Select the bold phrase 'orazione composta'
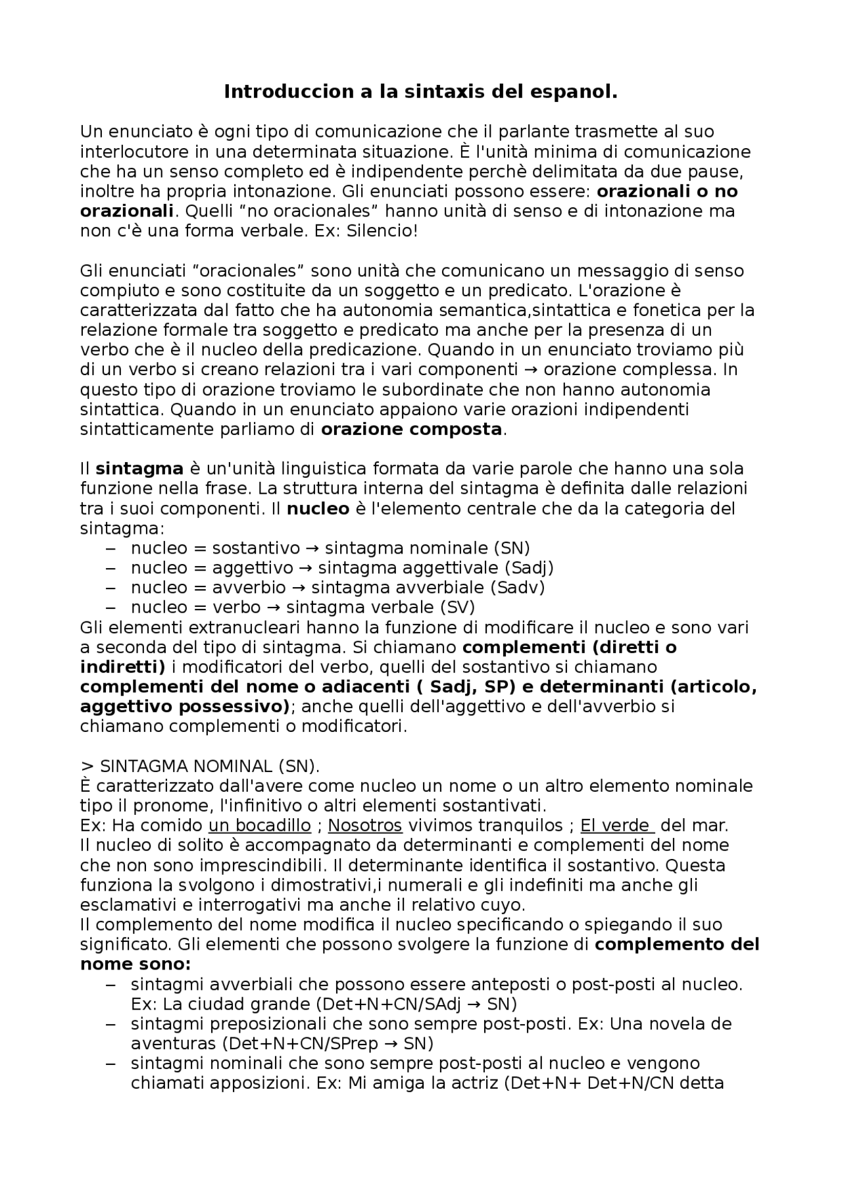coord(411,430)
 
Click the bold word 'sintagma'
coord(139,469)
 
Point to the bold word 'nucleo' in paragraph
coord(318,509)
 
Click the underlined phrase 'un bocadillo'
coord(260,825)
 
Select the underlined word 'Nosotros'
coord(365,825)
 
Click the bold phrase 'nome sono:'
coord(136,964)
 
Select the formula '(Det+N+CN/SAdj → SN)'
coord(416,1004)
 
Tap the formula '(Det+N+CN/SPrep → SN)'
coord(328,1044)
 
